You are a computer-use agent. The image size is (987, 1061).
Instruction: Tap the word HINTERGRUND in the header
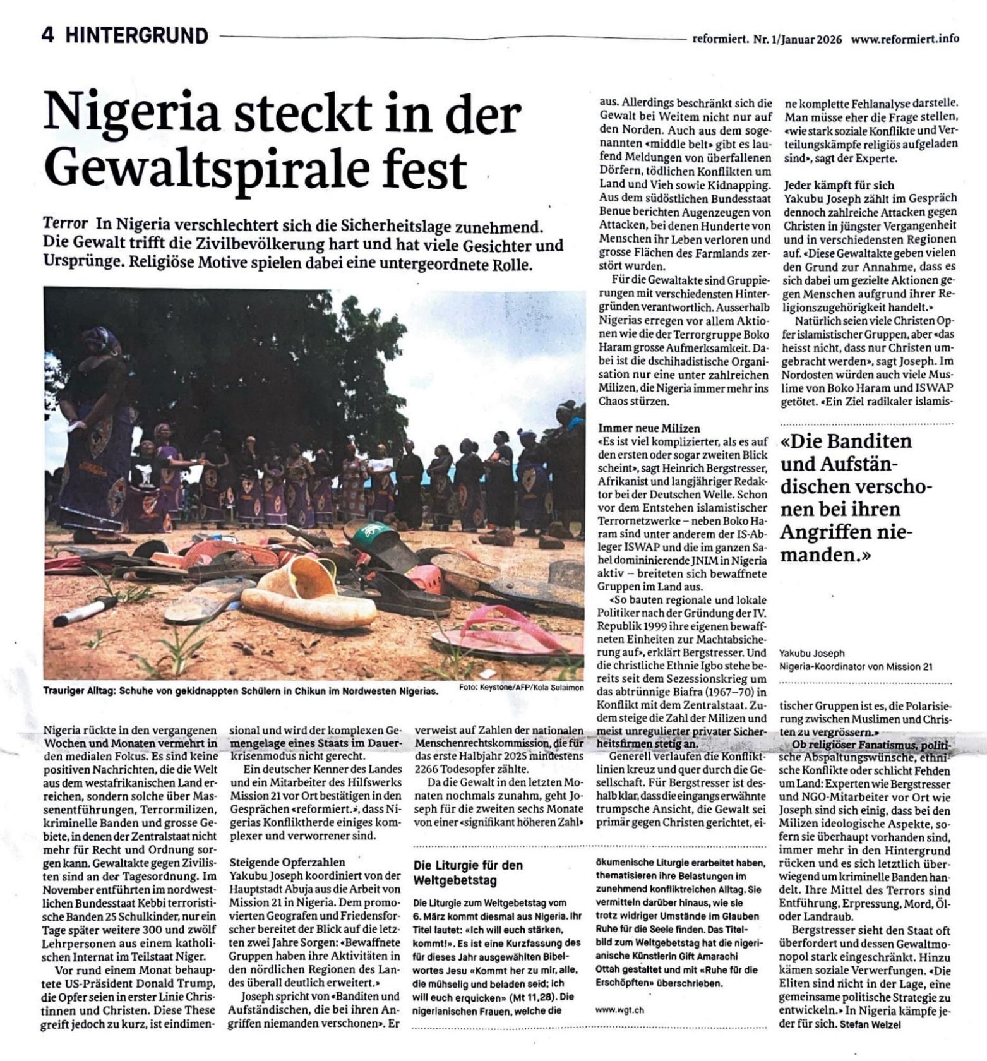tap(136, 35)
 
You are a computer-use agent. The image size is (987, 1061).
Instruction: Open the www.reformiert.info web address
tap(905, 39)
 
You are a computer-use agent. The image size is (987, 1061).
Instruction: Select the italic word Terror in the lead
tap(65, 224)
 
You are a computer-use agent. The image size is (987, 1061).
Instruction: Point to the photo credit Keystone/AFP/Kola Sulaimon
tap(521, 687)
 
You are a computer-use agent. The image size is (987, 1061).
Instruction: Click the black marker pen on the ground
tap(85, 611)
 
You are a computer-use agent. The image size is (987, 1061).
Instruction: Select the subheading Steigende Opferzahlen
tap(287, 862)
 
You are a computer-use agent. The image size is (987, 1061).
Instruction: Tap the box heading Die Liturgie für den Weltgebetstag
tap(468, 873)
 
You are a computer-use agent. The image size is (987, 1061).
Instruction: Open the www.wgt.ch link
tap(619, 1010)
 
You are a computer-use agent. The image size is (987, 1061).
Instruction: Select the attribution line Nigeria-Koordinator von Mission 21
tap(856, 667)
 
